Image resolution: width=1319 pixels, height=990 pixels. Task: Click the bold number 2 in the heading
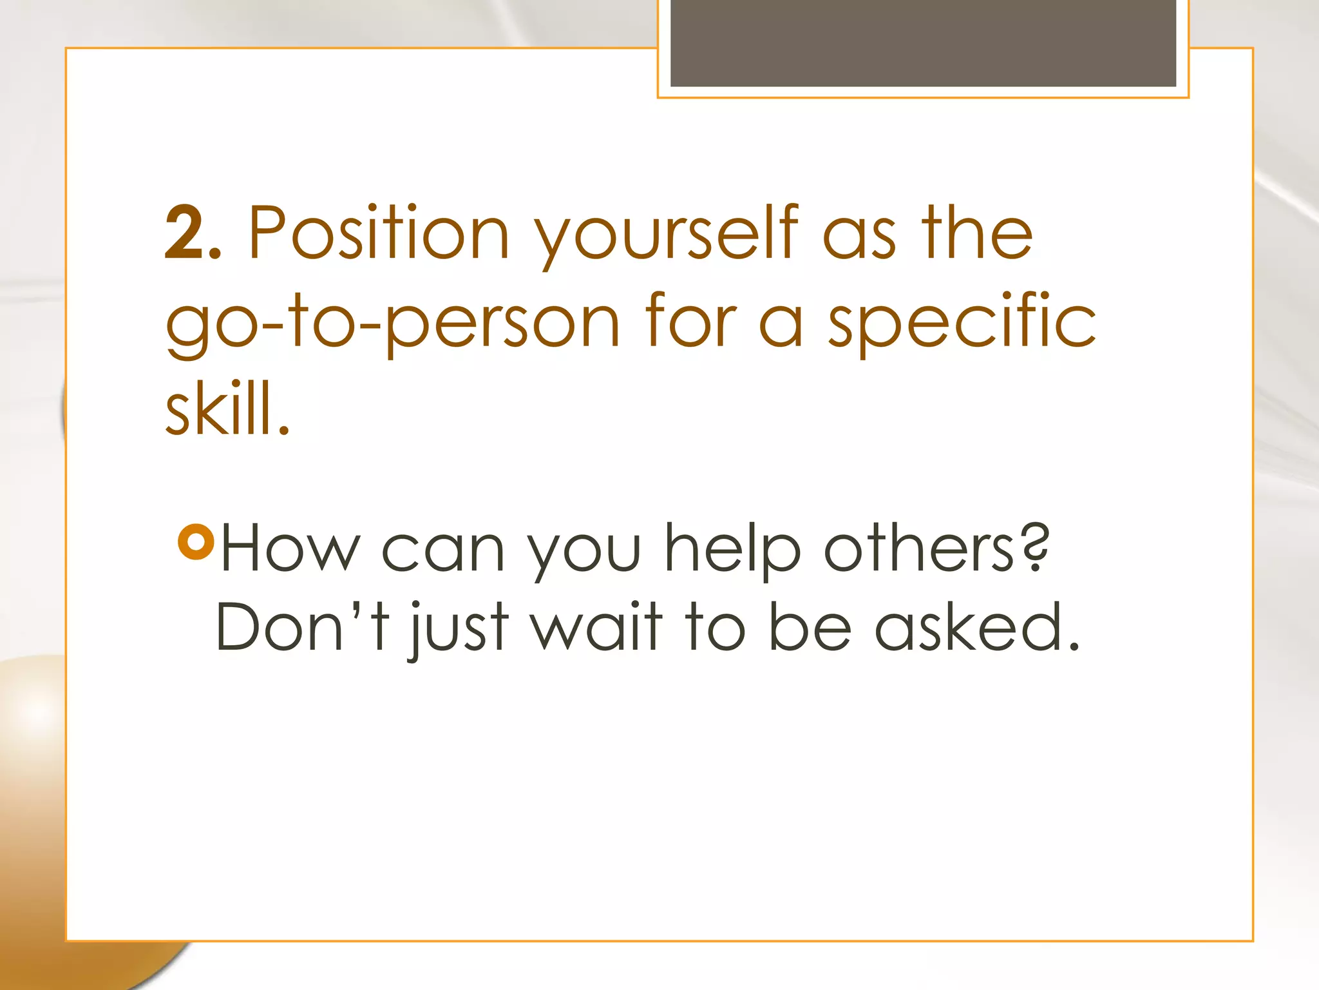pos(185,233)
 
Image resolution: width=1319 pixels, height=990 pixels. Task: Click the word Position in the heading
pos(379,233)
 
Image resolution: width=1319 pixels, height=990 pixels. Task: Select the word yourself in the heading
pos(667,235)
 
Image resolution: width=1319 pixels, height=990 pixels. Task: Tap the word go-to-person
pos(392,322)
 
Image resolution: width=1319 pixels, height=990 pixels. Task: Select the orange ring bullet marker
pos(196,542)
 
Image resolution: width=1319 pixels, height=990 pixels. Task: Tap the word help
pos(733,549)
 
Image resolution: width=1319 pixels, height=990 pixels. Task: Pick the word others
pos(919,548)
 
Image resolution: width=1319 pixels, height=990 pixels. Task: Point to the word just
pos(459,629)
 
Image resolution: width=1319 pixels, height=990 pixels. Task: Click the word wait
pos(596,626)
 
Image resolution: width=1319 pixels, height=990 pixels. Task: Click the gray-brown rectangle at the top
pos(923,43)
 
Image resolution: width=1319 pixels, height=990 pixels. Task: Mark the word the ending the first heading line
pos(976,233)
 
